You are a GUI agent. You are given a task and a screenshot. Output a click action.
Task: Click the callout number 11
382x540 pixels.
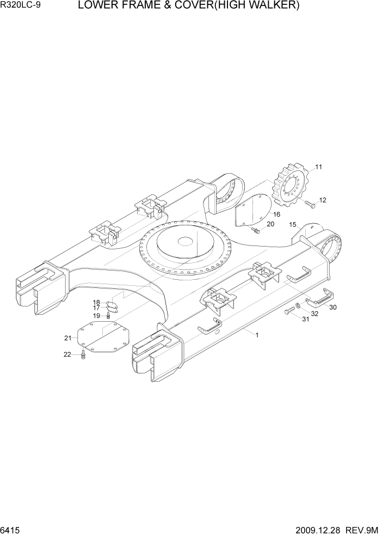[x=318, y=167]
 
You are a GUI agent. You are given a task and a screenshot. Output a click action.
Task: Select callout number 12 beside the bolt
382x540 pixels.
[x=322, y=200]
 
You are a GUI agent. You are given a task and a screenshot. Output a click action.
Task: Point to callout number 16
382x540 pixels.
[x=276, y=214]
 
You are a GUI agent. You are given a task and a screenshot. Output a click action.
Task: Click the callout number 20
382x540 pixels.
[x=270, y=224]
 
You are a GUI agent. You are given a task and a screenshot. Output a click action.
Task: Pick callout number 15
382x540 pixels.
[x=292, y=225]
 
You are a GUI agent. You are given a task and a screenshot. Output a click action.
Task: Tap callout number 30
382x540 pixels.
[x=332, y=307]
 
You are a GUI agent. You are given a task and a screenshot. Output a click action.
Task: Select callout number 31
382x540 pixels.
[x=305, y=319]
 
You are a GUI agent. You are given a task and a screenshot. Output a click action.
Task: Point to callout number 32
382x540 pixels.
[x=315, y=314]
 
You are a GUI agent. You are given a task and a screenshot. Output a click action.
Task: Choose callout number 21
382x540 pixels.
[x=67, y=338]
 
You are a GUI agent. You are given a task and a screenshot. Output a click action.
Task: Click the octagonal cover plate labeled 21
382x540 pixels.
[x=103, y=338]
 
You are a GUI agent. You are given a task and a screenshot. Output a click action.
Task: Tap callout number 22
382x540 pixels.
[x=67, y=354]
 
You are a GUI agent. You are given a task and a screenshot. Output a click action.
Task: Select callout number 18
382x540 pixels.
[x=96, y=302]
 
